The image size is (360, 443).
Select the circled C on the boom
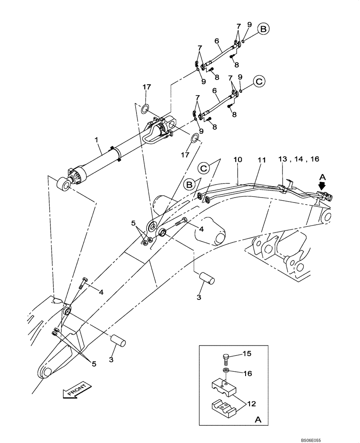click(204, 168)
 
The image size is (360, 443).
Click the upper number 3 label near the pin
click(199, 297)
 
